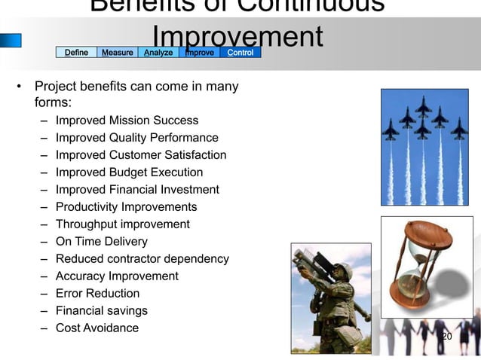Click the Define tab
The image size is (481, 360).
click(x=76, y=52)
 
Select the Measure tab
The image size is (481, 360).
click(x=118, y=52)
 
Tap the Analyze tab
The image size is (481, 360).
click(x=158, y=52)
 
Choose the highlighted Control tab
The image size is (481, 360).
click(x=240, y=52)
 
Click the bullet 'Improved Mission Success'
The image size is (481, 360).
click(x=127, y=121)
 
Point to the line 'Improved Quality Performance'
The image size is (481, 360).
click(x=136, y=138)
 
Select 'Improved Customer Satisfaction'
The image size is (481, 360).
click(x=140, y=155)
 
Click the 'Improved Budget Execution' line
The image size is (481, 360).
click(x=129, y=172)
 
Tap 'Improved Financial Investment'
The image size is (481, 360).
click(x=137, y=190)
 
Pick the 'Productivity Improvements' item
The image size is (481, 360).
click(x=126, y=207)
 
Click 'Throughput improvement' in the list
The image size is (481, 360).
click(x=122, y=224)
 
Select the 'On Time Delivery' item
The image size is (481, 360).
click(x=101, y=242)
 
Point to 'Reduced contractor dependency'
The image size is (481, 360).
click(x=142, y=259)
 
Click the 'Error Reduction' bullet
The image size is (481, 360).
click(x=97, y=294)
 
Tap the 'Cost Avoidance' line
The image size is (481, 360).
click(x=97, y=328)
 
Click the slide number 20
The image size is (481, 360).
click(x=446, y=336)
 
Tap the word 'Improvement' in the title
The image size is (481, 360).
click(x=237, y=38)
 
